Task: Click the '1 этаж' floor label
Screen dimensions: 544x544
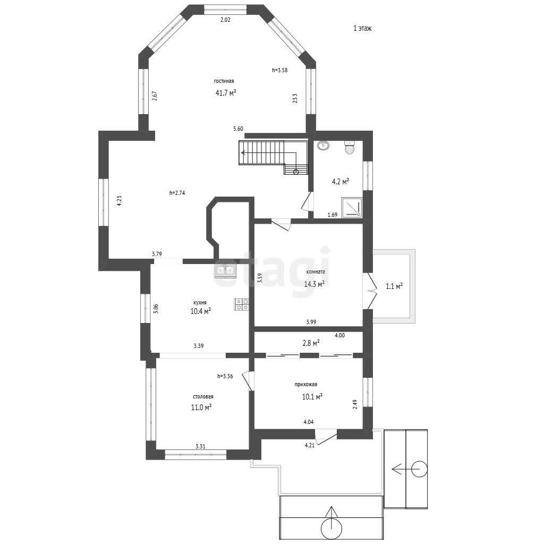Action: pos(362,29)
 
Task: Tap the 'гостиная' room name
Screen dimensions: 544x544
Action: pos(224,81)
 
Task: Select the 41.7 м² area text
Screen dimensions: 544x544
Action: pos(226,92)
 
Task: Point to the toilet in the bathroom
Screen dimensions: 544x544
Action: pos(350,147)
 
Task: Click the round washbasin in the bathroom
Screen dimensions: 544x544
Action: pos(324,145)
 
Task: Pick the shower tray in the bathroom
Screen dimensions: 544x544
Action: pos(352,208)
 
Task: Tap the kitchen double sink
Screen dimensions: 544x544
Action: pos(225,270)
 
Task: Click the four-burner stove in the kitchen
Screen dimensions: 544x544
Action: pos(242,304)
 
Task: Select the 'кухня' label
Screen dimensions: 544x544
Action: pos(200,302)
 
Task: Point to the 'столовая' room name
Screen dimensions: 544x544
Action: pos(203,396)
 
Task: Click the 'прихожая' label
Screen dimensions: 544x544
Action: pos(305,385)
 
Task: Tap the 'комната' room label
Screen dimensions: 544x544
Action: pos(316,272)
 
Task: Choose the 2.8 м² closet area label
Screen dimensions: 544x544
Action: pos(311,343)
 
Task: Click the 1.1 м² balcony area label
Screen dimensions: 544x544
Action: pos(394,286)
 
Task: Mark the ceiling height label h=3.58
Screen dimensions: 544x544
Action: pos(279,70)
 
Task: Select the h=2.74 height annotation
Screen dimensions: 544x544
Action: pos(177,193)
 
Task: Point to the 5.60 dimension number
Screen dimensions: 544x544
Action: pos(238,129)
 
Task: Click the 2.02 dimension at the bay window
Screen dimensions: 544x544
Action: pos(225,20)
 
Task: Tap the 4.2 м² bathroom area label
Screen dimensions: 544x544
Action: pos(340,182)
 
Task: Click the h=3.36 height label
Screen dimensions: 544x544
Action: pos(225,376)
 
